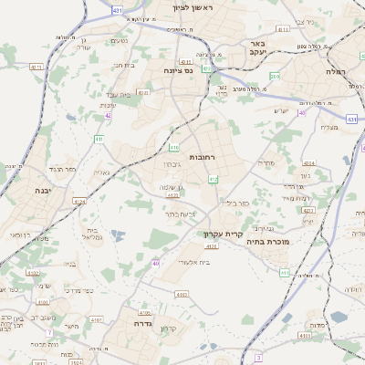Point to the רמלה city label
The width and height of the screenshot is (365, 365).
[338, 70]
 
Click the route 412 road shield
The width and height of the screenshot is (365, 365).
[212, 180]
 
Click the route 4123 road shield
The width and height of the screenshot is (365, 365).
[172, 194]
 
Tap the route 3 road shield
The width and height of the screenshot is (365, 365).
[258, 357]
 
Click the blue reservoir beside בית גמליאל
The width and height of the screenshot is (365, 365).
[117, 235]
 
